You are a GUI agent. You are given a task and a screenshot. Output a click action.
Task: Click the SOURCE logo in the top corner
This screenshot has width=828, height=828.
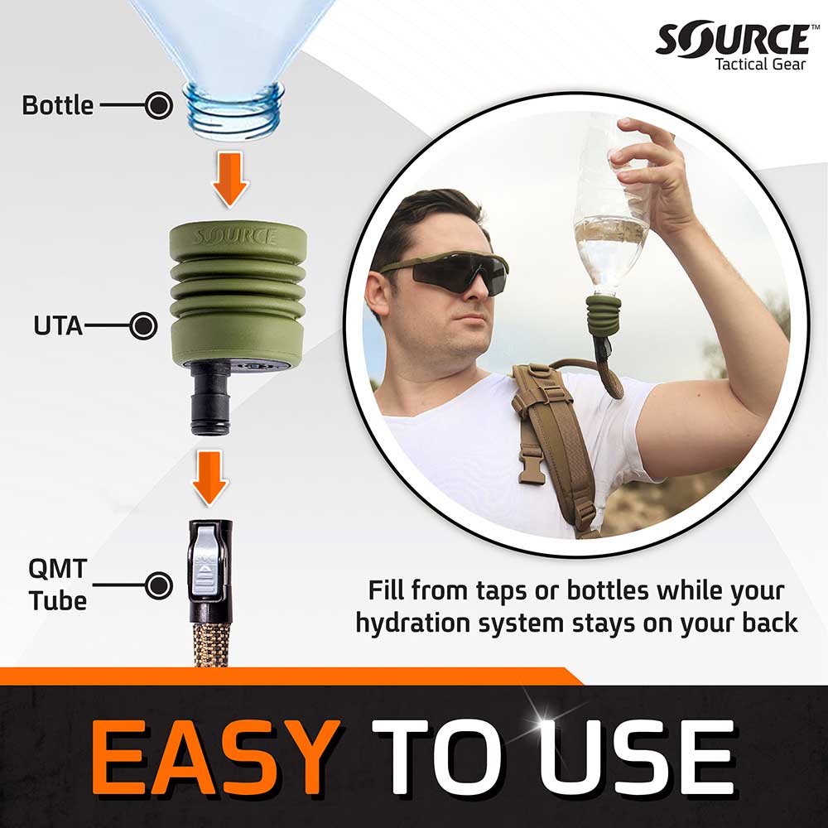click(732, 40)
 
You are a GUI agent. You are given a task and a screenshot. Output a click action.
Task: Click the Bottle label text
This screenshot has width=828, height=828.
click(57, 106)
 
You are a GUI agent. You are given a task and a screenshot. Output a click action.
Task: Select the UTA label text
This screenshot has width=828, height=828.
click(58, 325)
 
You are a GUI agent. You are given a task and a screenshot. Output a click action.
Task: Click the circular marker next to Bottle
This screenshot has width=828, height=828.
click(158, 106)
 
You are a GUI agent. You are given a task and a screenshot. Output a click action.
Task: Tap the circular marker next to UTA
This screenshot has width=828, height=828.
click(144, 325)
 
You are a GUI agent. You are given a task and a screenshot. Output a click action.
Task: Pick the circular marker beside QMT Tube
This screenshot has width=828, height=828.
click(158, 585)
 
